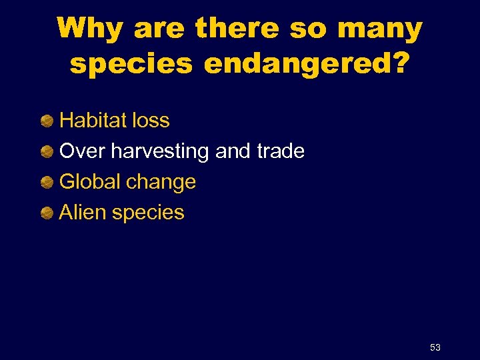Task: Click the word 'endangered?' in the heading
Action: (x=307, y=64)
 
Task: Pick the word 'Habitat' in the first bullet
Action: (x=94, y=121)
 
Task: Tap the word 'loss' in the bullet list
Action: (x=151, y=121)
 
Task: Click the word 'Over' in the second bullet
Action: (x=83, y=151)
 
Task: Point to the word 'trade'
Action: (x=280, y=151)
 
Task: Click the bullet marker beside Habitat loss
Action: (x=47, y=121)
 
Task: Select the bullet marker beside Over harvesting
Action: (x=47, y=152)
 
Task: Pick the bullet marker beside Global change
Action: (x=47, y=183)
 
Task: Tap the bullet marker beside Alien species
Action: (x=47, y=213)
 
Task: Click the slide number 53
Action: (x=435, y=347)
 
